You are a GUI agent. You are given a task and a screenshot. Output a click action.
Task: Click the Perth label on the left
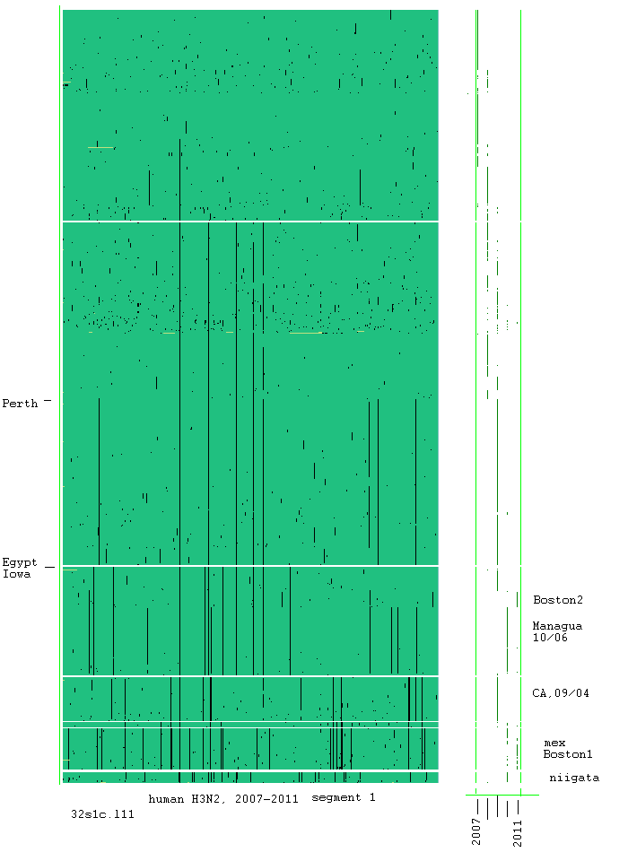pyautogui.click(x=20, y=404)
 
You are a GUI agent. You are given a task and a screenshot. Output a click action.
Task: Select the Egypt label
pyautogui.click(x=20, y=562)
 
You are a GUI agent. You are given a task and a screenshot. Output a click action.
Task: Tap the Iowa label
pyautogui.click(x=17, y=574)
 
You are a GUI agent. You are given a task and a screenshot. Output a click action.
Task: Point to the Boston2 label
pyautogui.click(x=557, y=599)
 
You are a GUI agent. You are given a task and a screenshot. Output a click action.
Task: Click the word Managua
pyautogui.click(x=557, y=626)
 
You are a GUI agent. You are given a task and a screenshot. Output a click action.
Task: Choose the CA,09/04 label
pyautogui.click(x=561, y=693)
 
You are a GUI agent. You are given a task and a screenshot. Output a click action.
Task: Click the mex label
pyautogui.click(x=554, y=744)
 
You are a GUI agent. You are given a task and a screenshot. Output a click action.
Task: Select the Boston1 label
pyautogui.click(x=567, y=754)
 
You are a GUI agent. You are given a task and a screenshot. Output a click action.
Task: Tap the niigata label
pyautogui.click(x=574, y=778)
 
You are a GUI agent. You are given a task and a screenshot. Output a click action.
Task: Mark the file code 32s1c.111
pyautogui.click(x=102, y=814)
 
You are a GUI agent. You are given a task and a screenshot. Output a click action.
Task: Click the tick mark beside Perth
pyautogui.click(x=48, y=400)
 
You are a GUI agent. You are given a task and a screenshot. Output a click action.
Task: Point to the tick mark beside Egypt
pyautogui.click(x=49, y=567)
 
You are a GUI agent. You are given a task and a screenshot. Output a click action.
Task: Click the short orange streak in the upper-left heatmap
pyautogui.click(x=100, y=147)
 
